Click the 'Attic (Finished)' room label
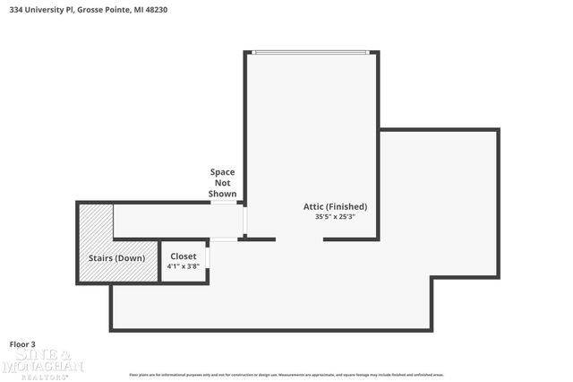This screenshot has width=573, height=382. [x=335, y=206]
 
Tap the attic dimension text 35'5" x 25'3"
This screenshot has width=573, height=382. [x=335, y=216]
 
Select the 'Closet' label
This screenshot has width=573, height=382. [x=184, y=256]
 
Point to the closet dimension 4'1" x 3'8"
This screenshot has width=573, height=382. [x=184, y=266]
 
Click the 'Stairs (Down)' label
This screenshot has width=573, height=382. [x=116, y=258]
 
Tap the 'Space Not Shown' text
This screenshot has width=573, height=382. [x=223, y=182]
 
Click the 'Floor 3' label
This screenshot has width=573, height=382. [x=22, y=343]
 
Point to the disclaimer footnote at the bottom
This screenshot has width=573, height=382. [x=286, y=374]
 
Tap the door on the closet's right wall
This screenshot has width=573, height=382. [x=208, y=256]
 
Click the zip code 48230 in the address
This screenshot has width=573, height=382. [x=156, y=10]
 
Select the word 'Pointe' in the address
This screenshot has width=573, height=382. [x=114, y=10]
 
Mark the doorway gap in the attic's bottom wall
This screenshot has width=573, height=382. [x=299, y=239]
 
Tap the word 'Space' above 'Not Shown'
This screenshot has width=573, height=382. [x=223, y=171]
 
